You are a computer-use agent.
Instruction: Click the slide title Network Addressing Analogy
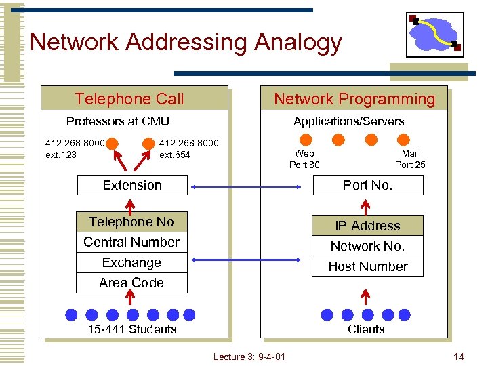186,43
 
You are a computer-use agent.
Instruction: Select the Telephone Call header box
134,99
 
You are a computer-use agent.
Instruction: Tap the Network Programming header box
354,99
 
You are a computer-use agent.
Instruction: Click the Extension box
132,185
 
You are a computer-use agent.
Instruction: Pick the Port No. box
367,185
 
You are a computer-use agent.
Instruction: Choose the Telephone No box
131,222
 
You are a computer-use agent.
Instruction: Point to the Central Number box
131,243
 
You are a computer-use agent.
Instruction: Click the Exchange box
131,262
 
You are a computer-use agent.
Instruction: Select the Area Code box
131,283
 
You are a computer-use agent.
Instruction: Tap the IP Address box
367,226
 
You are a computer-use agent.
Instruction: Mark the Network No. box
367,246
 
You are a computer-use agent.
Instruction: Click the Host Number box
367,266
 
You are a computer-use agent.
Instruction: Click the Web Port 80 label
304,159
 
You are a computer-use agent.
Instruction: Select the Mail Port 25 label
410,159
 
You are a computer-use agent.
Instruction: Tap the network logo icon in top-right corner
434,35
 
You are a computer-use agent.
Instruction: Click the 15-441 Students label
132,329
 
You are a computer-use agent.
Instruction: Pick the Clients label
366,329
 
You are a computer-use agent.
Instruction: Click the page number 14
459,357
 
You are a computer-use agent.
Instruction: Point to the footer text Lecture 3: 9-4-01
249,357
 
